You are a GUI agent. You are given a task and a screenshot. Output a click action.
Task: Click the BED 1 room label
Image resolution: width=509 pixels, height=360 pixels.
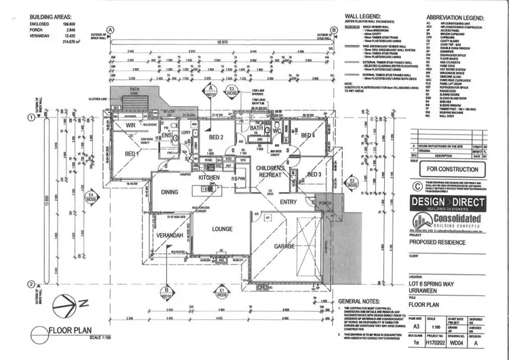tap(131, 154)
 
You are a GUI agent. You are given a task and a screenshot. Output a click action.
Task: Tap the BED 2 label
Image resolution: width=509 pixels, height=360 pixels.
tap(216, 137)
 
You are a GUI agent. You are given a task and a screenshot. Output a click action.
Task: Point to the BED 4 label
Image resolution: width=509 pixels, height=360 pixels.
tap(308, 136)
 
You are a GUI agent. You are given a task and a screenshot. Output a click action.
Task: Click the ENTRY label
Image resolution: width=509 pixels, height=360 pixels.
tap(288, 201)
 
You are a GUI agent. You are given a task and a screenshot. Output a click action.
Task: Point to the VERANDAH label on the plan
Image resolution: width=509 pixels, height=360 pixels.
tap(170, 234)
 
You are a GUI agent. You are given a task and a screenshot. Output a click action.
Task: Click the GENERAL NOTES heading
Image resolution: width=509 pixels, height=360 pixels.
tap(360, 300)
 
